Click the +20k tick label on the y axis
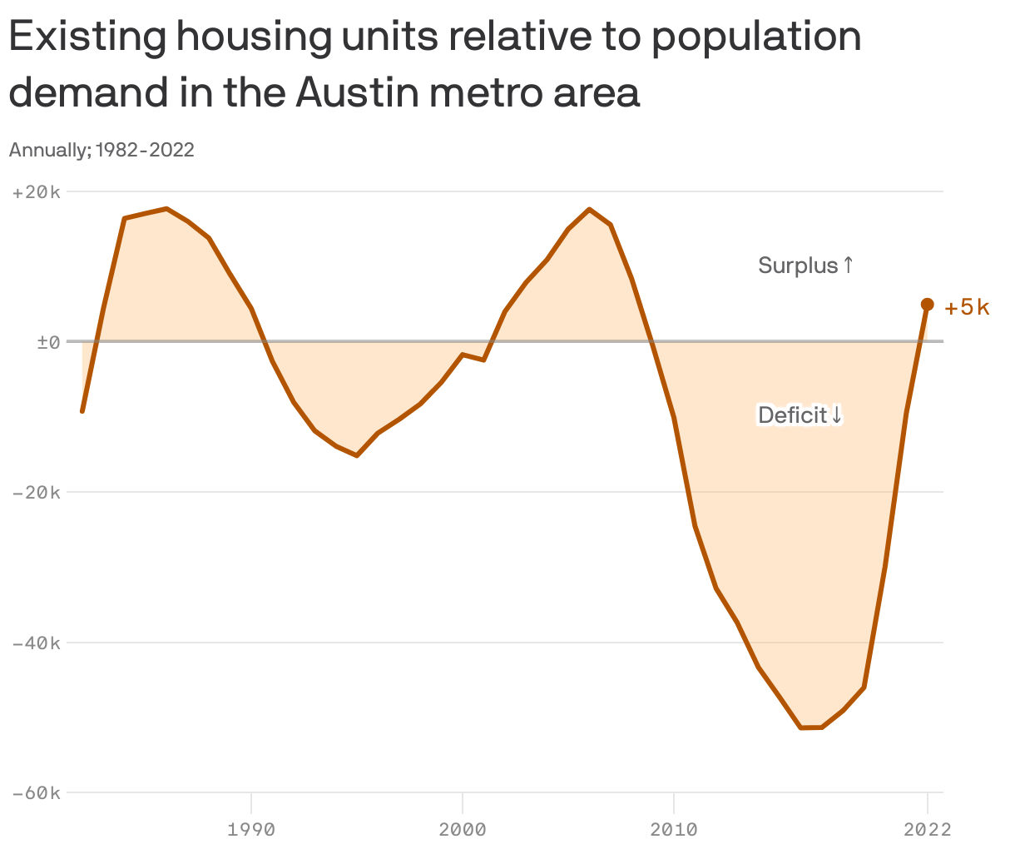click(x=37, y=192)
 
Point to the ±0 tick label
click(x=48, y=342)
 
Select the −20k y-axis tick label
click(x=37, y=493)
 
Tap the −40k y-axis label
click(x=37, y=643)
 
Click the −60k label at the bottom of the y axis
click(x=37, y=794)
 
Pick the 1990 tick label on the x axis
click(x=251, y=829)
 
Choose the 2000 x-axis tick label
click(x=463, y=829)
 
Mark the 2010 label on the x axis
click(x=674, y=829)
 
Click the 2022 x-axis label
click(x=927, y=829)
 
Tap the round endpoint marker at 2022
click(x=927, y=305)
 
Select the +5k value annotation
click(x=967, y=307)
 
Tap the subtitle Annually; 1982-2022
click(x=101, y=150)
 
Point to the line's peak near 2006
click(x=589, y=210)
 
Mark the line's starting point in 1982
click(x=82, y=410)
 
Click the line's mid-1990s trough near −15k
click(x=357, y=455)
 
